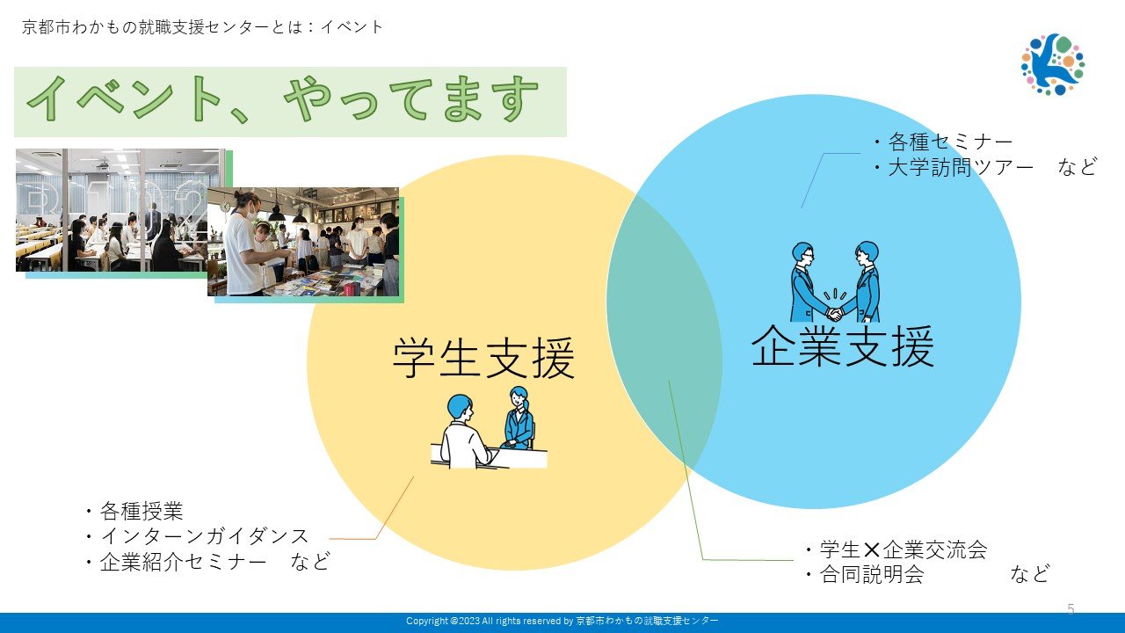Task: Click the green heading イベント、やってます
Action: pyautogui.click(x=282, y=99)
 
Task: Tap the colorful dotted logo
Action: pyautogui.click(x=1053, y=64)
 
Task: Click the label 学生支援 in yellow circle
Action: pyautogui.click(x=483, y=358)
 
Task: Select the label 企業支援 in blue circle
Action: pyautogui.click(x=843, y=346)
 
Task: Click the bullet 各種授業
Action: pyautogui.click(x=134, y=512)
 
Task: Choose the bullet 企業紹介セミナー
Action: pyautogui.click(x=175, y=562)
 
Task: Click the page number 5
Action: pyautogui.click(x=1071, y=609)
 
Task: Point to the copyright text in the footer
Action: pyautogui.click(x=562, y=621)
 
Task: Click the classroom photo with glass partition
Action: pyautogui.click(x=112, y=210)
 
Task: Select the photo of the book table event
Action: pyautogui.click(x=303, y=242)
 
